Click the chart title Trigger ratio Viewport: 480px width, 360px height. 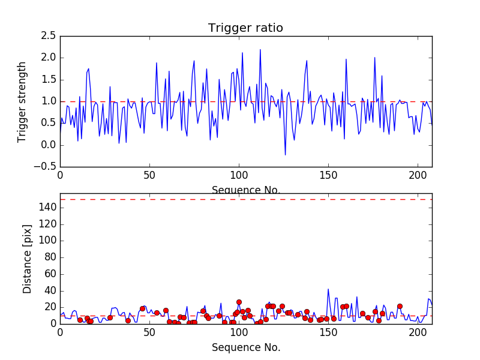pos(245,28)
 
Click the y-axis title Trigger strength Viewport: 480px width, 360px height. pos(22,101)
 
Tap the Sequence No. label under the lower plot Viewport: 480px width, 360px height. pos(246,347)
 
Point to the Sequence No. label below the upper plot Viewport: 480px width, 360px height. pos(246,190)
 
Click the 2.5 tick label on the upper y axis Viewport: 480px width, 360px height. pos(48,36)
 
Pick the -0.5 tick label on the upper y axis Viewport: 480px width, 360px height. pos(46,167)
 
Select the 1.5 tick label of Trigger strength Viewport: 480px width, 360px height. pos(48,80)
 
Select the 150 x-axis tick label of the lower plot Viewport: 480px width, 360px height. pos(328,333)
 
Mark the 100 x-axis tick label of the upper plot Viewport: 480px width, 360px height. pos(239,176)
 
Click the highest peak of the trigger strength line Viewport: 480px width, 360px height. pos(260,50)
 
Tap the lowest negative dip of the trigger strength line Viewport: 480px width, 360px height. pos(285,155)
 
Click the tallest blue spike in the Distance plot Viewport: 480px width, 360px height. pos(328,289)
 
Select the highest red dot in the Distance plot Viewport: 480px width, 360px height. pos(239,302)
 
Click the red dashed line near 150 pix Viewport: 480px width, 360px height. pos(246,199)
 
